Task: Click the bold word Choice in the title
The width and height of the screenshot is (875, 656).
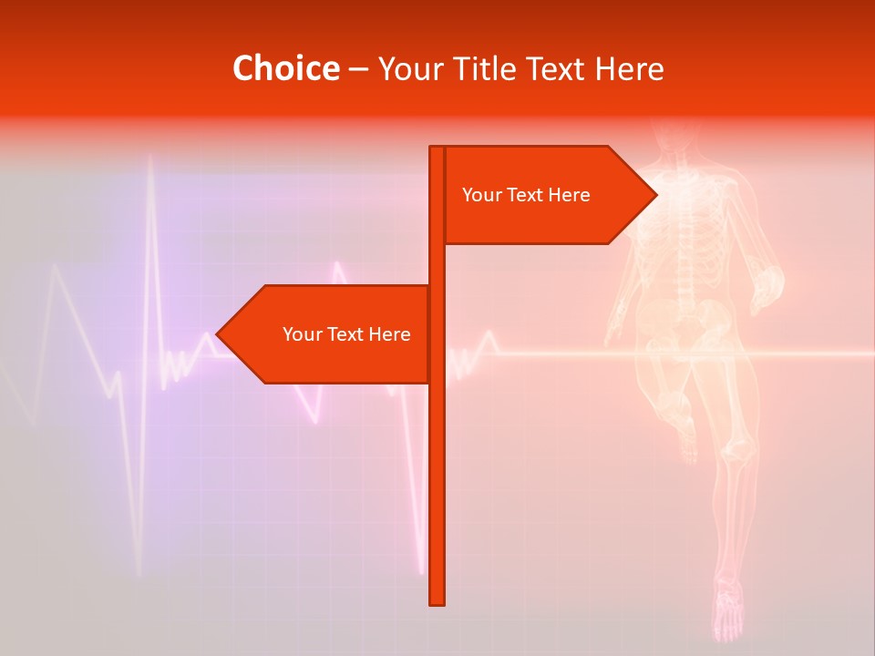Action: click(x=285, y=68)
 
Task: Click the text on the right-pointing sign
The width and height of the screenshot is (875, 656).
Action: click(x=526, y=195)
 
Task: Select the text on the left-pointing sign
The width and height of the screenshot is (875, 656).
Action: click(x=346, y=334)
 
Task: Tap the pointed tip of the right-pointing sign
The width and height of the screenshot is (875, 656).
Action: click(x=654, y=195)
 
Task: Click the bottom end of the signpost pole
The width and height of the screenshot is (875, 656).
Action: click(x=437, y=601)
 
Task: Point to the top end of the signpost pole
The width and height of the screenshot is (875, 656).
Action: click(x=437, y=149)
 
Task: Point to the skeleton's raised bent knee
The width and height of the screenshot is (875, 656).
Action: click(x=674, y=405)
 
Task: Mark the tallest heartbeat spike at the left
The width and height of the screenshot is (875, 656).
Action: click(x=150, y=169)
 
